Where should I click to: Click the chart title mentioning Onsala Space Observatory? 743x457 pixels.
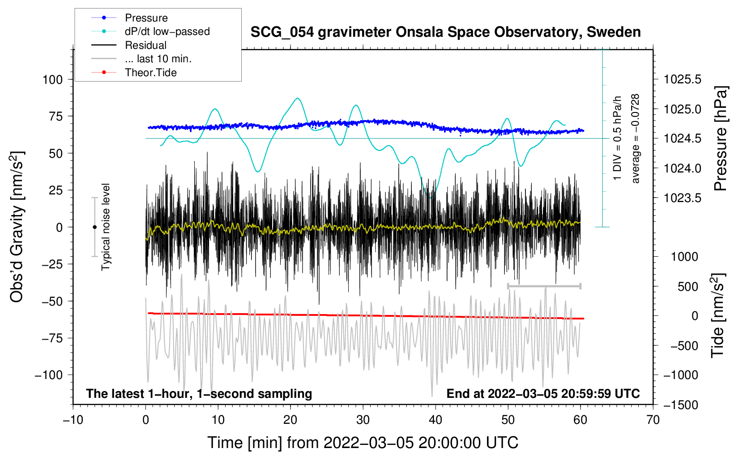(x=445, y=32)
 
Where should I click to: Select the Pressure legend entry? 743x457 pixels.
(x=146, y=18)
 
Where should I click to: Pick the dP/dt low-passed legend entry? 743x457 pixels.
(x=167, y=31)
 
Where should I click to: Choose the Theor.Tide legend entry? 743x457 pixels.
(x=150, y=73)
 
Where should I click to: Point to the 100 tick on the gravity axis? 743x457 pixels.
(x=52, y=80)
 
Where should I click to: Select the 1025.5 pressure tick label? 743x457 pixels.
(x=682, y=80)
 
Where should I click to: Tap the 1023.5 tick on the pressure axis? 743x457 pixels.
(x=682, y=198)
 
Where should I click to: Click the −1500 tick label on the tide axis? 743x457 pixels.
(x=680, y=405)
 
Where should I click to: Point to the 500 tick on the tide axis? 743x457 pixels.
(x=687, y=286)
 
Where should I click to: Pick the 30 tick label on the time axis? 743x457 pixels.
(x=363, y=420)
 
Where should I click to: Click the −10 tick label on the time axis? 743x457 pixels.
(x=73, y=420)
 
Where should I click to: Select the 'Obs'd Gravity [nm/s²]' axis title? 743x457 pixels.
(x=17, y=227)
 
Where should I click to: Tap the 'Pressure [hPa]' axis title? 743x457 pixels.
(x=720, y=139)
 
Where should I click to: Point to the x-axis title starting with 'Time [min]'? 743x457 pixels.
(x=363, y=443)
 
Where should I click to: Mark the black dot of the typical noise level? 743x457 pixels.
(x=94, y=227)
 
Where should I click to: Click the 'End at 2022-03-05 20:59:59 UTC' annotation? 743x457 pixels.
(x=543, y=393)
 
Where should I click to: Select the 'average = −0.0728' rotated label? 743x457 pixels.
(x=636, y=139)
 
